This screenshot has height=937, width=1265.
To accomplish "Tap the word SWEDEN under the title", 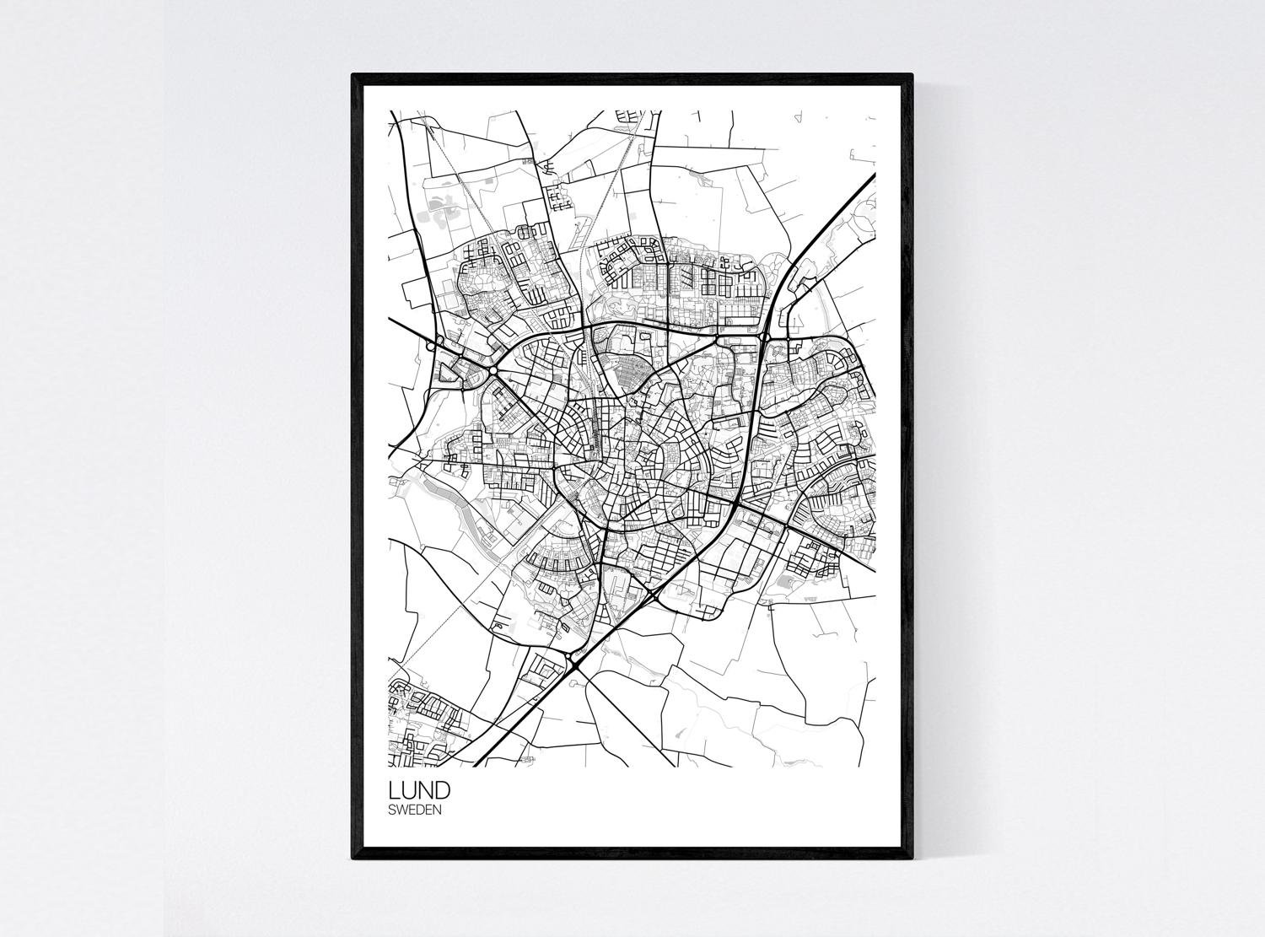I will (415, 810).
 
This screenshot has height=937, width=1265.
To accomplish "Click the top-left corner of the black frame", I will (353, 75).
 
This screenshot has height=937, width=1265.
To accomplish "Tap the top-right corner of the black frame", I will (912, 75).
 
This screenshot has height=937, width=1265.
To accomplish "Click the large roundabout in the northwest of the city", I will (492, 370).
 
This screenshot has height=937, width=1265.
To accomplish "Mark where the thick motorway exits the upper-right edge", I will (874, 175).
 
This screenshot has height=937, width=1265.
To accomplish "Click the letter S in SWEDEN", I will (392, 810).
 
